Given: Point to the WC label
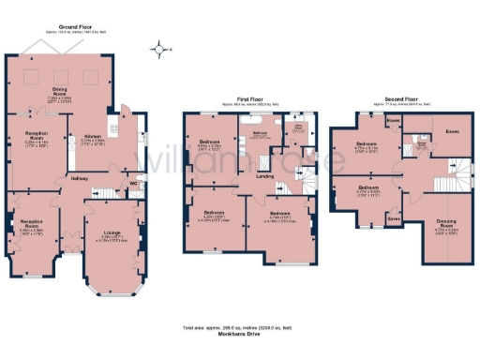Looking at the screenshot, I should (x=131, y=183).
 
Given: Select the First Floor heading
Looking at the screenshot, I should (x=248, y=97).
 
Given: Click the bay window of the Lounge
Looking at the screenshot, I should (x=111, y=282).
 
